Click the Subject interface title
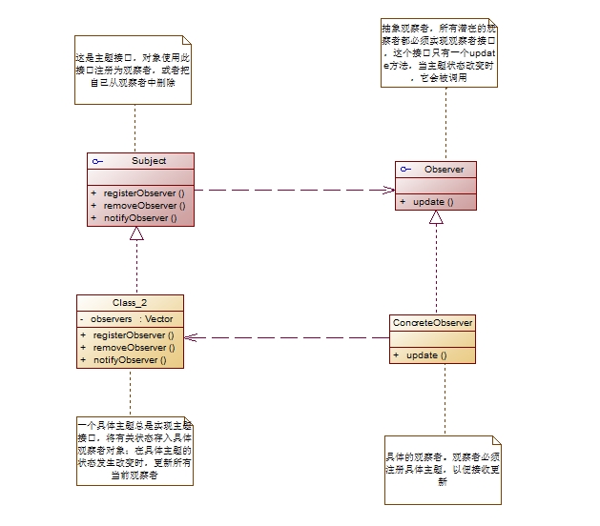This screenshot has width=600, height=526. point(148,161)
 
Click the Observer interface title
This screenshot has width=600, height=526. point(444,170)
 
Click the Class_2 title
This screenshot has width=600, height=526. point(131,302)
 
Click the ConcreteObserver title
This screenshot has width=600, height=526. point(432,323)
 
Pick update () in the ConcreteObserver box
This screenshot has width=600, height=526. point(425,355)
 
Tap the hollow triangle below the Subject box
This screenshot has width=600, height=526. point(136,233)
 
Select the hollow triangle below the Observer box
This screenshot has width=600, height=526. point(435,216)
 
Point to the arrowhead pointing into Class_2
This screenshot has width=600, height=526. point(190,337)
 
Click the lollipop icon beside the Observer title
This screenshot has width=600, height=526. point(405,170)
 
